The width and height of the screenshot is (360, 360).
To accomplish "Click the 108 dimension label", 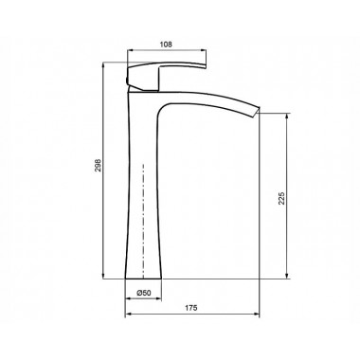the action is pyautogui.click(x=166, y=45).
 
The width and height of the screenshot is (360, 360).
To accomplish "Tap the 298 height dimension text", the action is pyautogui.click(x=99, y=165).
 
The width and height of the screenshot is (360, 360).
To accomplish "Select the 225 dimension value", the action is pyautogui.click(x=281, y=198).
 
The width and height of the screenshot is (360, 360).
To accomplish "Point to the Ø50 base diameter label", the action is pyautogui.click(x=144, y=293).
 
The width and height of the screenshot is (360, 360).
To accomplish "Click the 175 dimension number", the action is pyautogui.click(x=191, y=308).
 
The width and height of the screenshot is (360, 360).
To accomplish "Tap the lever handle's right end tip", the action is pyautogui.click(x=206, y=65).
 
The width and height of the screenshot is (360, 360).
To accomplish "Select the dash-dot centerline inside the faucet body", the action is pyautogui.click(x=143, y=221).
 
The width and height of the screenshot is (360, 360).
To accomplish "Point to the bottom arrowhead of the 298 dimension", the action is pyautogui.click(x=103, y=276).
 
